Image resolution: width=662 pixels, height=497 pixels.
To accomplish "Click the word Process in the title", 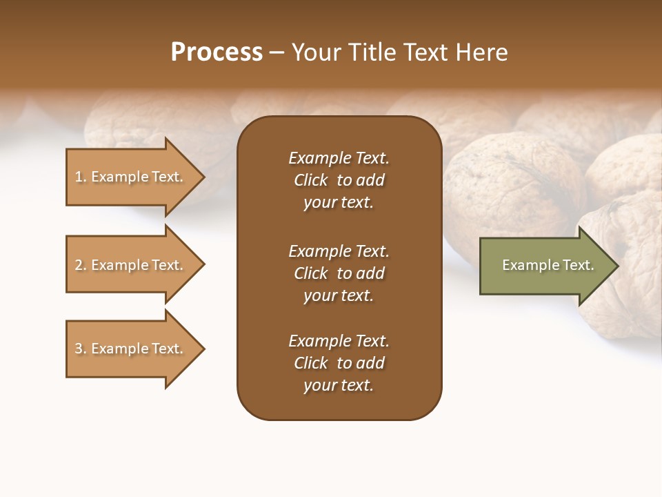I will [217, 52].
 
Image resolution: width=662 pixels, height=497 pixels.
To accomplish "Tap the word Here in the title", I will [481, 52].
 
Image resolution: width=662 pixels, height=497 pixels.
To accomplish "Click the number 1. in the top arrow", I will [81, 177].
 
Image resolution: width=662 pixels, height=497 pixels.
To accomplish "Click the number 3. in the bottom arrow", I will [81, 349].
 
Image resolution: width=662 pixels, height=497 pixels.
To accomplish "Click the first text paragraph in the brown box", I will [339, 180].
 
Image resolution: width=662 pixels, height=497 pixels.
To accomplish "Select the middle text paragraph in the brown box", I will [339, 273].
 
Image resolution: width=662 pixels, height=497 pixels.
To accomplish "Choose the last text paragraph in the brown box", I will [339, 363].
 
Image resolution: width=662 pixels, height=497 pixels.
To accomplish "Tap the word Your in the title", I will [314, 52].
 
